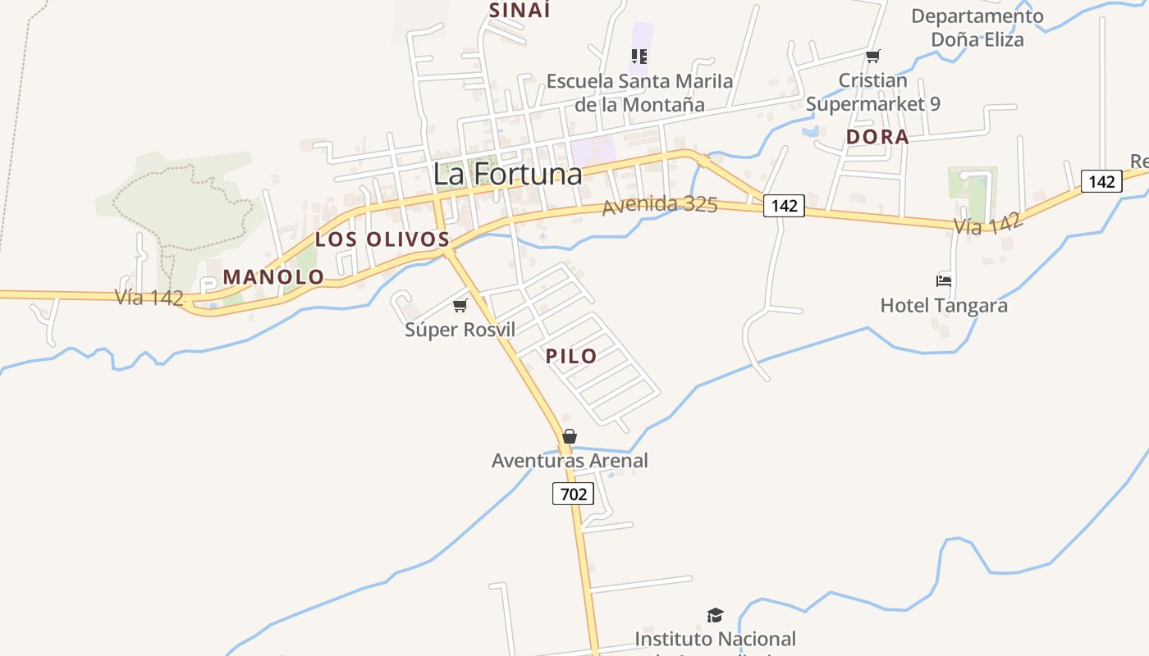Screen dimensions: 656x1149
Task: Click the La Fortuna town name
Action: [507, 174]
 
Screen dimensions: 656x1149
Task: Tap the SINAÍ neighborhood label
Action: [520, 10]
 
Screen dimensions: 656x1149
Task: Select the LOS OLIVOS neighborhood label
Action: [382, 239]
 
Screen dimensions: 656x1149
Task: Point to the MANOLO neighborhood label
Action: [273, 277]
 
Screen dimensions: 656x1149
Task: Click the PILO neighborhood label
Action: [571, 356]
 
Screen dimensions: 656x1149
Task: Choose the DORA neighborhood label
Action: [877, 137]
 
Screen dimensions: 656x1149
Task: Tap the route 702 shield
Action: [573, 494]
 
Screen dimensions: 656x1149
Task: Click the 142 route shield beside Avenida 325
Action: [784, 206]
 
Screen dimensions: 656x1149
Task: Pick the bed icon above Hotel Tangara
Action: [944, 280]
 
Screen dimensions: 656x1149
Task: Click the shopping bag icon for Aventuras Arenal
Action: [570, 436]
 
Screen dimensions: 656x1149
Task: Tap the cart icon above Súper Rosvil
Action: [460, 306]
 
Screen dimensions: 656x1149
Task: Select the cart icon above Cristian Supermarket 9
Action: [872, 57]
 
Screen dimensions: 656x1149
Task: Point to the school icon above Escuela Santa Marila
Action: [639, 57]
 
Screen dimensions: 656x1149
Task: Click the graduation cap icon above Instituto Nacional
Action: [716, 615]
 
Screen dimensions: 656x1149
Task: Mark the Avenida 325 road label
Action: [660, 205]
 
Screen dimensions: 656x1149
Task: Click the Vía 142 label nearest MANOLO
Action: [149, 298]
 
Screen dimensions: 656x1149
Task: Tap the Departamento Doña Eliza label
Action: [977, 27]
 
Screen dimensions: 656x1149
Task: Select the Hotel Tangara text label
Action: [944, 306]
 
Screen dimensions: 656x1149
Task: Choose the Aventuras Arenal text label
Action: [570, 461]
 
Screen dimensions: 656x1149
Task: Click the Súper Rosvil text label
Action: [460, 330]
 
